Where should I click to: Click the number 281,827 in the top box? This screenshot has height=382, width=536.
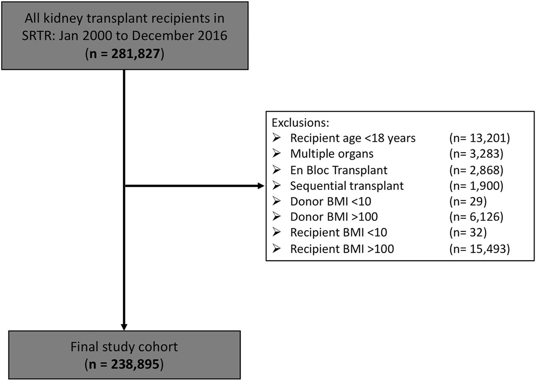pos(135,54)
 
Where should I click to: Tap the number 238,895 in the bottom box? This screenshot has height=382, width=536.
pos(135,364)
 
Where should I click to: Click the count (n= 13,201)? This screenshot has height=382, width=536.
pos(479,138)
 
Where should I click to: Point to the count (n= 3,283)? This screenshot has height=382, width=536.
pos(476,154)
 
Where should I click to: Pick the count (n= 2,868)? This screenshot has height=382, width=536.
pos(476,170)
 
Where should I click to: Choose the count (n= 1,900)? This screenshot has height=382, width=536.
pos(476,186)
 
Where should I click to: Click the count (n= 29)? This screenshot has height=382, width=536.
pos(468,201)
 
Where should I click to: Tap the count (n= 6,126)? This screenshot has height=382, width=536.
pos(476,217)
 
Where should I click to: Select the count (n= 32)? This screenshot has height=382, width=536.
pos(468,232)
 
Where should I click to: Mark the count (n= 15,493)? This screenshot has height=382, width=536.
pos(479,249)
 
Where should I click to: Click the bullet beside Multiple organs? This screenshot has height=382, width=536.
pos(276,153)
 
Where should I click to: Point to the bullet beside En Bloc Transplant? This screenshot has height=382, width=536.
pos(276,170)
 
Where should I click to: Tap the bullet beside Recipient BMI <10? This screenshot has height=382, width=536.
pos(276,232)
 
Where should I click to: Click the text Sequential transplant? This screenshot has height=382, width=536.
pos(347,186)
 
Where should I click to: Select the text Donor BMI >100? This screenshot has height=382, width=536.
pos(334,217)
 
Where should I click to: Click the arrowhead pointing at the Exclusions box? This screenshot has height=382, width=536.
pos(261,186)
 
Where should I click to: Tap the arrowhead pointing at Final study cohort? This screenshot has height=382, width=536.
pos(124,327)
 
